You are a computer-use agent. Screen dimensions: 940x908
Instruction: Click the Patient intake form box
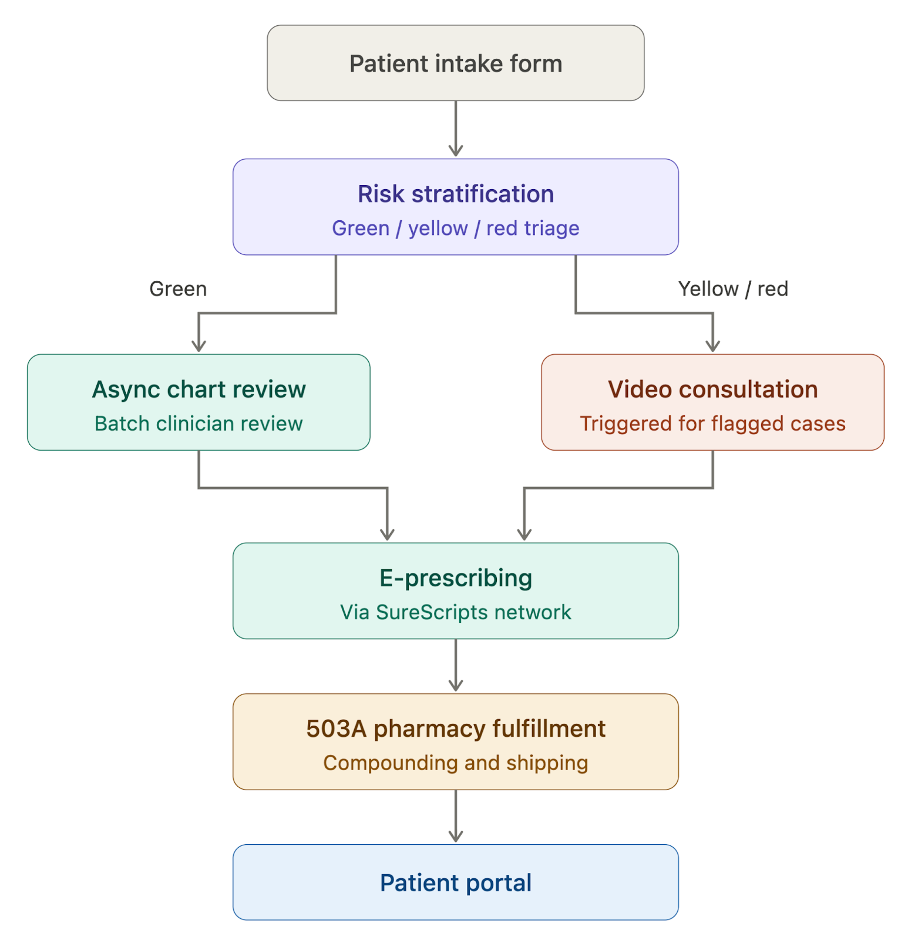click(455, 63)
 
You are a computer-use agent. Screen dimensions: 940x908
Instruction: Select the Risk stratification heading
click(455, 194)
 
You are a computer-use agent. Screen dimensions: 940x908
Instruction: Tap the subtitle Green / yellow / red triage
click(455, 228)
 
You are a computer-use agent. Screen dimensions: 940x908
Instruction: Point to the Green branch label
click(178, 288)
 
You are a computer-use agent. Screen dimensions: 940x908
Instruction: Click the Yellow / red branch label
click(732, 288)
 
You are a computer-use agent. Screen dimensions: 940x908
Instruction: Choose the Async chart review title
click(199, 390)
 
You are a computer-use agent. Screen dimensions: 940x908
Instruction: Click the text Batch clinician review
click(199, 424)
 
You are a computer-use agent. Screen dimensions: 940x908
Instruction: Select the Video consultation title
click(712, 390)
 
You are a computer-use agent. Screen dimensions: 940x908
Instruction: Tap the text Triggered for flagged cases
click(712, 424)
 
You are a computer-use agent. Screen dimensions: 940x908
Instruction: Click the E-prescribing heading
click(455, 578)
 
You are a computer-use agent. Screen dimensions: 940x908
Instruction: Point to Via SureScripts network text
click(455, 612)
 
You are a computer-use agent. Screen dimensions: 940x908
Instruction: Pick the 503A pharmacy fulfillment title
click(455, 728)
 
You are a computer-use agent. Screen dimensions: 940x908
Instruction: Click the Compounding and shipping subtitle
click(455, 763)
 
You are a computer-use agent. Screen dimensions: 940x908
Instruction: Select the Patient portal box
click(455, 882)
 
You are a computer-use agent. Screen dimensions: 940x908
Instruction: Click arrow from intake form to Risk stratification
click(455, 129)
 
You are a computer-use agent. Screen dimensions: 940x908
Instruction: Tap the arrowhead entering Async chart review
click(199, 346)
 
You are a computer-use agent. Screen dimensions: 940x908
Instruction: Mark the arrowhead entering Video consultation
click(712, 346)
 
